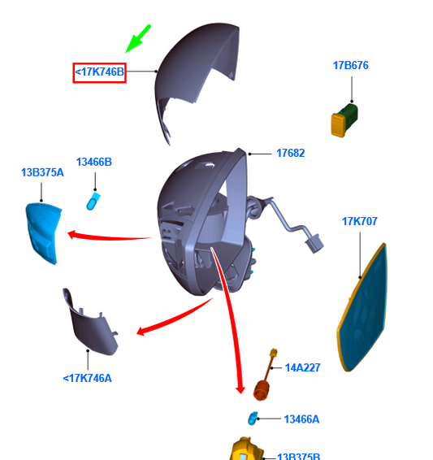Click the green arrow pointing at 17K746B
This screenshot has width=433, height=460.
[138, 39]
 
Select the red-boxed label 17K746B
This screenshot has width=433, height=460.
[100, 72]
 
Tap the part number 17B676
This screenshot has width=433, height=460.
[351, 65]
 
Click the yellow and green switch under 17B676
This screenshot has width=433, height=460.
[344, 120]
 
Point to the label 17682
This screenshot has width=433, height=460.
[291, 153]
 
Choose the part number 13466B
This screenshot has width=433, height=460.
[93, 162]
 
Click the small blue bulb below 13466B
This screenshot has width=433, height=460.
[93, 201]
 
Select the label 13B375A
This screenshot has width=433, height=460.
[42, 172]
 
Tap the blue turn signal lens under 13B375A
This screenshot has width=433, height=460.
[43, 233]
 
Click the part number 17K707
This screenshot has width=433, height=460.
[360, 221]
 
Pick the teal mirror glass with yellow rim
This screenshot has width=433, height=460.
[362, 308]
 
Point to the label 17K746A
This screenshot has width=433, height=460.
[88, 379]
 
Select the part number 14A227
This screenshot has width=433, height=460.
[302, 368]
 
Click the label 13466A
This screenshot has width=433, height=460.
[301, 419]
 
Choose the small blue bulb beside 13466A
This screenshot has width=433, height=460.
[253, 419]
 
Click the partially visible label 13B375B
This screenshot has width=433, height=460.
[298, 456]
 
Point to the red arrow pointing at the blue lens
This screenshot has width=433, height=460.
[109, 237]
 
